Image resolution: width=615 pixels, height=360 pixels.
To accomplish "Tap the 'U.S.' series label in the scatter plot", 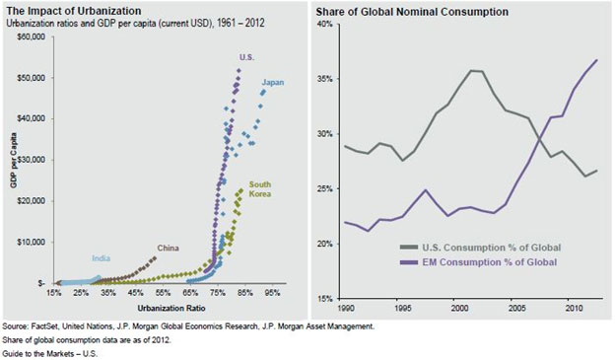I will tap(246, 58).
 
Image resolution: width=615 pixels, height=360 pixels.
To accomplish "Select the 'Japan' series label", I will tap(273, 83).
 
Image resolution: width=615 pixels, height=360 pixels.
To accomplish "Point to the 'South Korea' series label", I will tap(260, 189).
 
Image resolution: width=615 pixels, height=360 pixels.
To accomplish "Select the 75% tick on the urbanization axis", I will tap(218, 293).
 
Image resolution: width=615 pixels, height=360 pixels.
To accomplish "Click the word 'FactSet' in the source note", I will tap(45, 324).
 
